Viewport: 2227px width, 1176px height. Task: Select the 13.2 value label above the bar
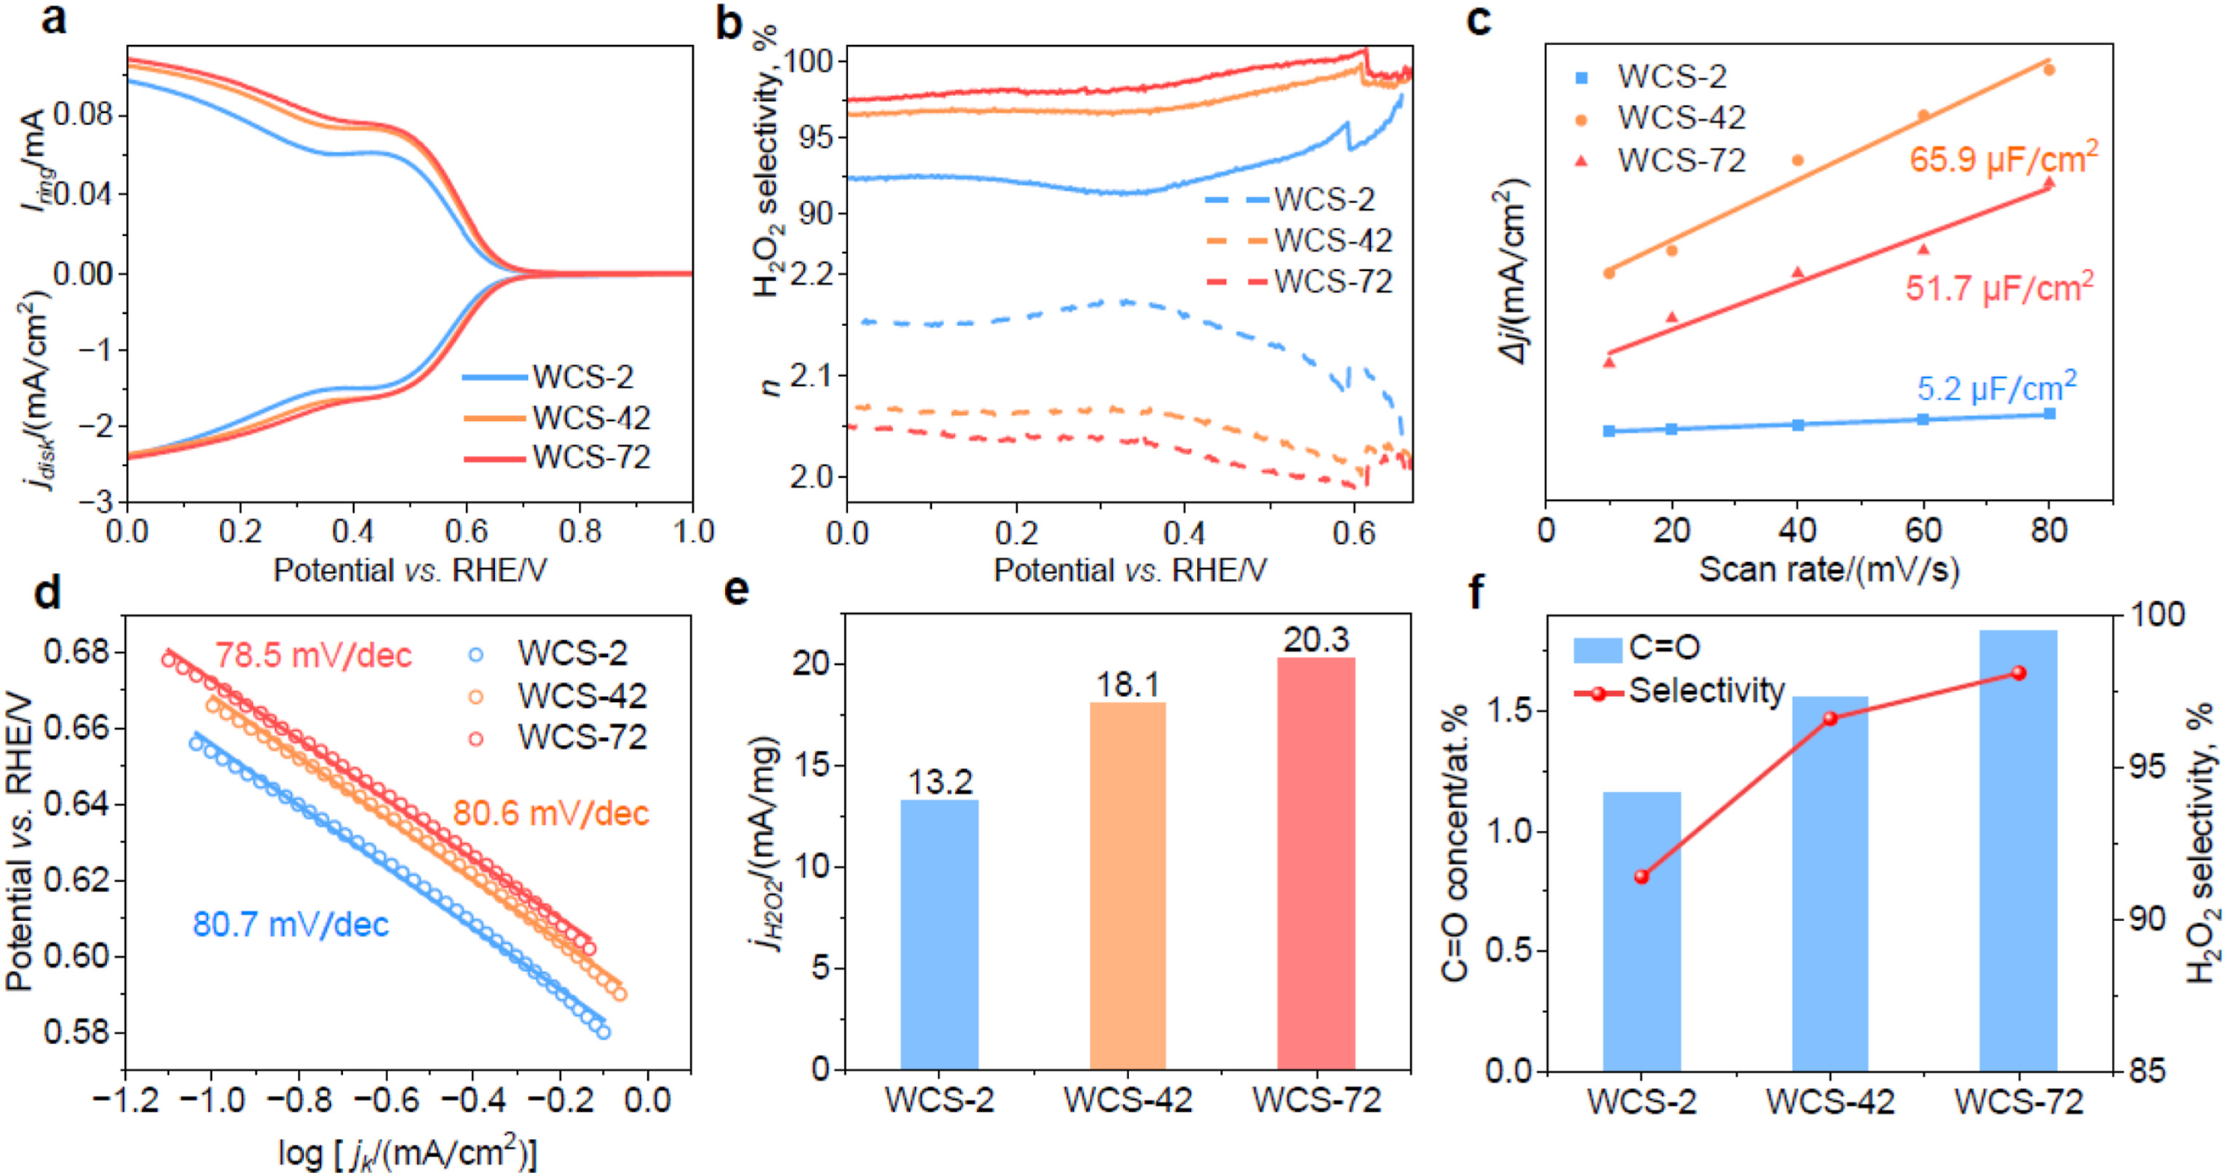(940, 782)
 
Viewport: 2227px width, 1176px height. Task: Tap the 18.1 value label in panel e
(1127, 684)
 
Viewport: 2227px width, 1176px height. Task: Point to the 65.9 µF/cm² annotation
(2003, 157)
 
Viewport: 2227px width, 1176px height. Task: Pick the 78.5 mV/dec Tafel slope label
(313, 655)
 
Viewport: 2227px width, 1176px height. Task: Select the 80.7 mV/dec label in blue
(290, 924)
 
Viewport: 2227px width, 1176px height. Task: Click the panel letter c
(1479, 19)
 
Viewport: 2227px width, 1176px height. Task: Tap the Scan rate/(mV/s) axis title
(1829, 570)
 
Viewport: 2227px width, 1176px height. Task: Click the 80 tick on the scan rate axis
(2048, 529)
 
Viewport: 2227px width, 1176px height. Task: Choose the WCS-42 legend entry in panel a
(558, 418)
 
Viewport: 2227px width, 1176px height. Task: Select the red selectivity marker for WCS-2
(1642, 877)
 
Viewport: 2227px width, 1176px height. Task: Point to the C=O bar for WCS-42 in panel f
(1830, 882)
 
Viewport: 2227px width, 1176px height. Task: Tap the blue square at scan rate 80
(2049, 414)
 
